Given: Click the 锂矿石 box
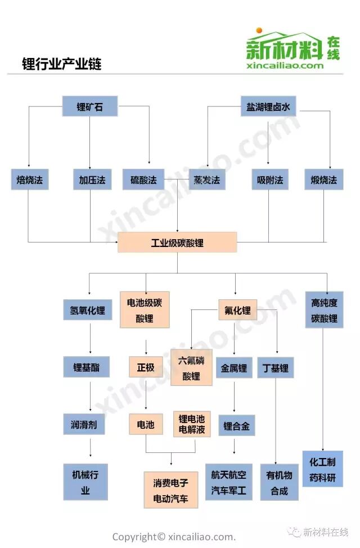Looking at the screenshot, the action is coord(90,106).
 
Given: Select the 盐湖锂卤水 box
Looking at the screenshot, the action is coord(268,106).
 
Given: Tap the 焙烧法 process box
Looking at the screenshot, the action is coord(29,180).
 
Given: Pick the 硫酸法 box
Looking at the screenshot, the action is coord(143,180).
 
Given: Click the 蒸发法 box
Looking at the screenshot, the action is coord(207,180).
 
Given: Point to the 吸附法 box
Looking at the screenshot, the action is coord(270,180).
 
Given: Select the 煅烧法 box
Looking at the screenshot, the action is coord(323,180).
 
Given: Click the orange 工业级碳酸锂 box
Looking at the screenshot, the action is coord(177,242).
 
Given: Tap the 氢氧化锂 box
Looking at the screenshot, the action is coord(84,309).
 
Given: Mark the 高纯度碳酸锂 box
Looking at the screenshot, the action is coord(324,310).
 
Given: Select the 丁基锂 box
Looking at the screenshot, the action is coord(276,369).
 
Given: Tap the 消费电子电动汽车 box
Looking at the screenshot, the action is coord(171,490).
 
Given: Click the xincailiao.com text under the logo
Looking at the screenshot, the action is coord(285,66).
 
